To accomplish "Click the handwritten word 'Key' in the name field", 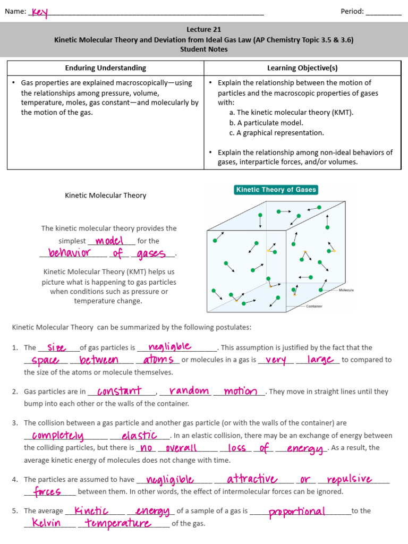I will point(39,12).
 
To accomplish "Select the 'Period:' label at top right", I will point(352,12).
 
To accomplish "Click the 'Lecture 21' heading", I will point(203,30).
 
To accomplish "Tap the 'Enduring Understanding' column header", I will point(105,68).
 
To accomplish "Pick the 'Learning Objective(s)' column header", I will point(302,68).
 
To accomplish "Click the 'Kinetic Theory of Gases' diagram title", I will point(276,190).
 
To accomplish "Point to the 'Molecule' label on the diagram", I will point(346,290).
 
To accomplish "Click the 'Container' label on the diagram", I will point(313,306).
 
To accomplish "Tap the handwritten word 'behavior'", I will point(69,253).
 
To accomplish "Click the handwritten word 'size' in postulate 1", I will point(57,347).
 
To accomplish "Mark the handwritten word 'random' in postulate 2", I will point(189,391).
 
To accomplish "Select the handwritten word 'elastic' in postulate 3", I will point(139,436).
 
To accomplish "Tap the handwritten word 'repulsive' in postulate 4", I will point(349,479).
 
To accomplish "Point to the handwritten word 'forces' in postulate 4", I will point(47,491).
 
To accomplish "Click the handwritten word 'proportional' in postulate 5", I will point(297,512).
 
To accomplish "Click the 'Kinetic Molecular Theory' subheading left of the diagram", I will point(105,195).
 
